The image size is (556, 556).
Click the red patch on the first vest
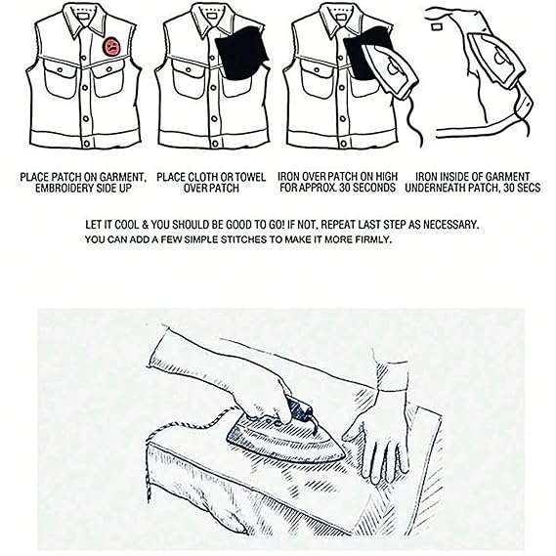point(112,47)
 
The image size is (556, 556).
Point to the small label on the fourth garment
point(436,26)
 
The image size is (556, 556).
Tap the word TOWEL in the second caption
point(249,177)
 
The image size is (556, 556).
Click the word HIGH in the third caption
point(386,176)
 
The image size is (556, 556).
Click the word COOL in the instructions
point(127,225)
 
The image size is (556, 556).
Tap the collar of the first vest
point(84,21)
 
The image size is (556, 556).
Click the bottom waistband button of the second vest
point(215,144)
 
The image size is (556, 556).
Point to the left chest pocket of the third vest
point(316,79)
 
